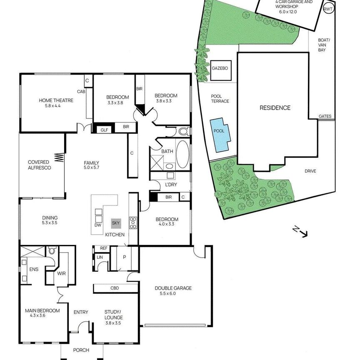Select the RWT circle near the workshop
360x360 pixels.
[x=328, y=9]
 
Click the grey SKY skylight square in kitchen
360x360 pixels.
[x=116, y=223]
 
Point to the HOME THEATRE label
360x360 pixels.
[x=56, y=100]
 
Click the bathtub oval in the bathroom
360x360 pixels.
[x=182, y=154]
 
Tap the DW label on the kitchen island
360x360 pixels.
[x=98, y=225]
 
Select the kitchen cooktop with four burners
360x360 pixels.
[x=133, y=223]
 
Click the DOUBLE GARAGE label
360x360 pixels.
[x=173, y=288]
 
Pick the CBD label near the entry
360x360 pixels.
[x=115, y=288]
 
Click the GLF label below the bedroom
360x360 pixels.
[x=104, y=130]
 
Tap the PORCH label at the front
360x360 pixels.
[x=81, y=350]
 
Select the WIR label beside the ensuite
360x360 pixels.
[x=62, y=274]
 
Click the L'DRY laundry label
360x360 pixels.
[x=170, y=185]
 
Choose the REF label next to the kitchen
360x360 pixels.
[x=103, y=248]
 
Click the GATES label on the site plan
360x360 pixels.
[x=325, y=116]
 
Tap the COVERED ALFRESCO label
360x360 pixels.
[x=39, y=165]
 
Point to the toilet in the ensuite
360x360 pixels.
[x=52, y=251]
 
